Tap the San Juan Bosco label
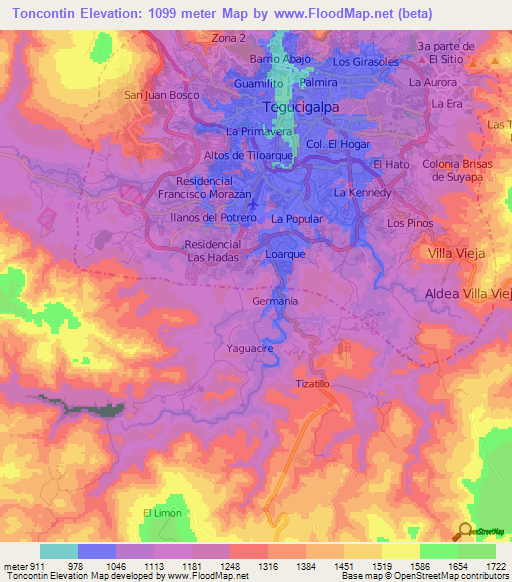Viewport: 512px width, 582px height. (x=156, y=95)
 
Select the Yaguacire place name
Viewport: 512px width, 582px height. (x=250, y=348)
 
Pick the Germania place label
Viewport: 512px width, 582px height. (x=275, y=301)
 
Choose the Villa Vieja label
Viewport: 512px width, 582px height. (x=456, y=254)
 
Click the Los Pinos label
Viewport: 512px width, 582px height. (x=409, y=223)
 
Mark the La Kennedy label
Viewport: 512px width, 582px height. (x=361, y=192)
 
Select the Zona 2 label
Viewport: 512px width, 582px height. (x=228, y=38)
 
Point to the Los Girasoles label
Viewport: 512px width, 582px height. (x=365, y=62)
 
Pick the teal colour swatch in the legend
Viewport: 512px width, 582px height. (x=59, y=551)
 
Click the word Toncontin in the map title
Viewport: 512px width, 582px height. (x=47, y=13)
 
